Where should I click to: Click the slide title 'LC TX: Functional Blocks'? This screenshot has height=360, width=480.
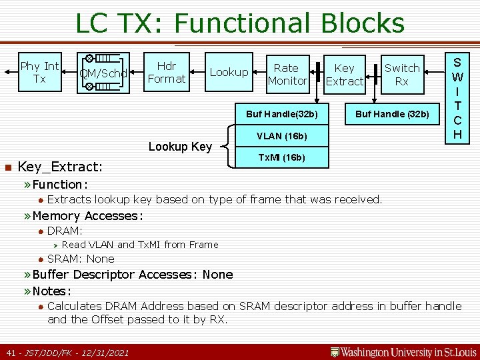point(239,23)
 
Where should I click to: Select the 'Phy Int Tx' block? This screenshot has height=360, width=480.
point(39,73)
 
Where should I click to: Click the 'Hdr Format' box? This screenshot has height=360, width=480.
point(166,73)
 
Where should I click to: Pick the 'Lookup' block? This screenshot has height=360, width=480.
point(229,73)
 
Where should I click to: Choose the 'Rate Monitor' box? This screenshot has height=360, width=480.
point(287,74)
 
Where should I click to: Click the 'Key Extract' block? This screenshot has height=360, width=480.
point(344,74)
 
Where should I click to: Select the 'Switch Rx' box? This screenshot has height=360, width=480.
point(402,74)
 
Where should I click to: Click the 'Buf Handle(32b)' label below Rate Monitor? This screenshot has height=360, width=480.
point(286,114)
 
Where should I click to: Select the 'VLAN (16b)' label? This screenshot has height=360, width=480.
point(281,136)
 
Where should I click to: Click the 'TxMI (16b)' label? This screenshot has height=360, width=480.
point(281,158)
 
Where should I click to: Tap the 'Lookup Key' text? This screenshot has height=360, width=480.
point(180,147)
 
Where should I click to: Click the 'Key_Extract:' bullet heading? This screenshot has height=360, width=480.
point(60,167)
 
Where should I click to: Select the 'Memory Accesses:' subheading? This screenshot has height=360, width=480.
point(87,215)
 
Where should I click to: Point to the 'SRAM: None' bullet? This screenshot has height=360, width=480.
point(80,259)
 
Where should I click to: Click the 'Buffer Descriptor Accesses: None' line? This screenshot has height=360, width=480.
point(132,275)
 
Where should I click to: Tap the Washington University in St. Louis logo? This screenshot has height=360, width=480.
point(404,351)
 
